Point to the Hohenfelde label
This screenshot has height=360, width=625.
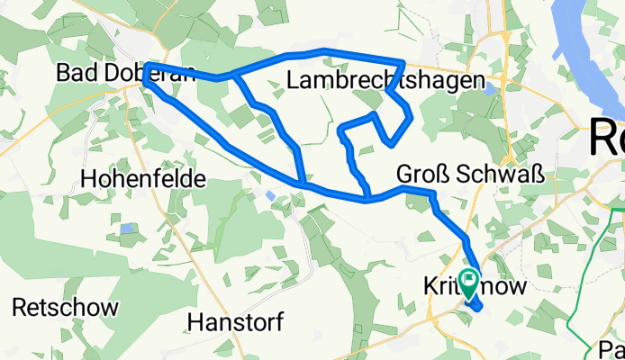tap(142, 179)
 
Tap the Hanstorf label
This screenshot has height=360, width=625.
tap(236, 321)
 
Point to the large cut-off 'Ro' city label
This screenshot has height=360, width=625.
tap(606, 139)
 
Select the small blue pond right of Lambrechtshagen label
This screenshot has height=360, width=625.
tap(489, 89)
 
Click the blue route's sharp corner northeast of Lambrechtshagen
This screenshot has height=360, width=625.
tap(403, 63)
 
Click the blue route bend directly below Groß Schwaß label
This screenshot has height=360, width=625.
tap(434, 195)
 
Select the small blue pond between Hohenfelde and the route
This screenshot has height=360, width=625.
tap(271, 194)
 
